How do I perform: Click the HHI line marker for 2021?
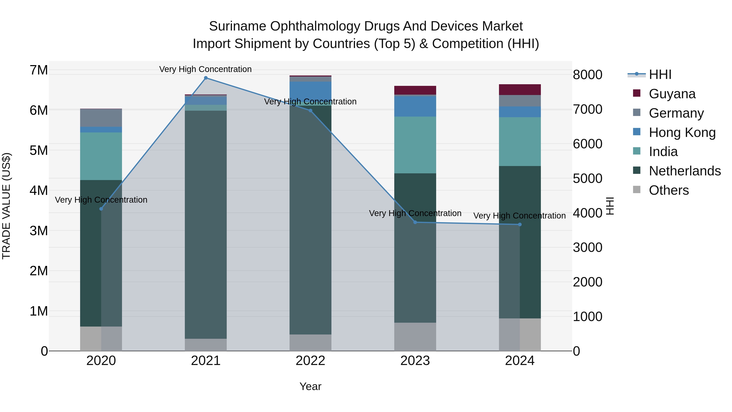point(206,78)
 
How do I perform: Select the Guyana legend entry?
point(672,94)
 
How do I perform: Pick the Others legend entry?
point(669,190)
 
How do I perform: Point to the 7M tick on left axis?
point(39,70)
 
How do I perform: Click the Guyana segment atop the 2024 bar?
point(520,90)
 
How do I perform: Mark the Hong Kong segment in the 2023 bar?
point(415,106)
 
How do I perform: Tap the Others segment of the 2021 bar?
point(206,345)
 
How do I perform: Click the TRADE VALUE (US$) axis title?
point(6,206)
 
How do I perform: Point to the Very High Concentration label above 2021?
point(205,69)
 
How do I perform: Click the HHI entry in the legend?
point(660,74)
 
